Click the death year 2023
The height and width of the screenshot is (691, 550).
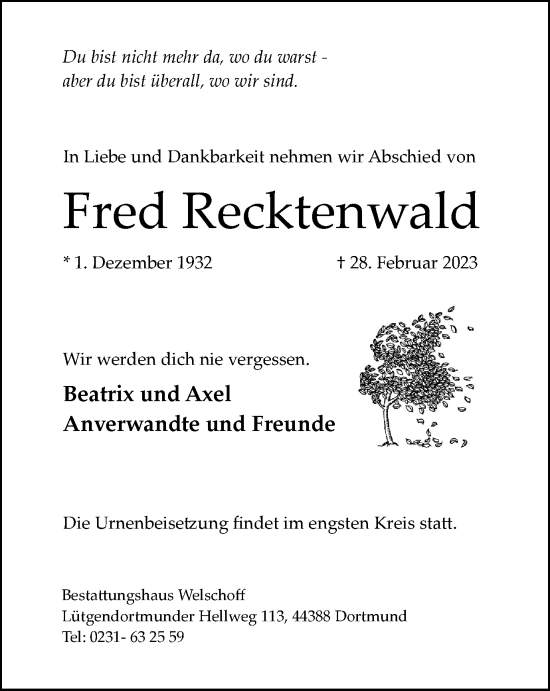click(456, 264)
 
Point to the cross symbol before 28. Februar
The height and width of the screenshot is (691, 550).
click(342, 263)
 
